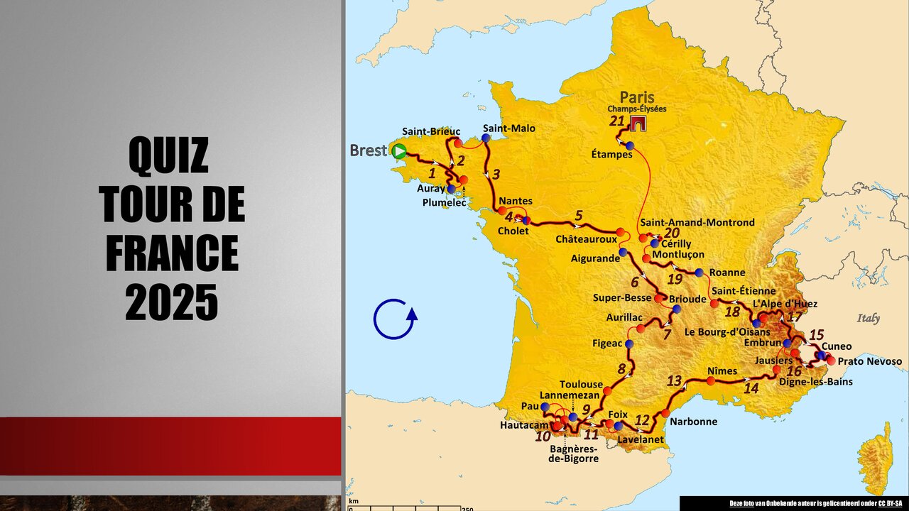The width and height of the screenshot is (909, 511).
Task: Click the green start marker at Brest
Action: (400, 150)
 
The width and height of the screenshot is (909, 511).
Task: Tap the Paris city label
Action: (637, 97)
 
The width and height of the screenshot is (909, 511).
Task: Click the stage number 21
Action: (616, 121)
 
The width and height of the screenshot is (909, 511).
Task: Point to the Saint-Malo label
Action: (508, 128)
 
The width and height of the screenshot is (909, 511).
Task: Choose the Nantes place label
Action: (516, 201)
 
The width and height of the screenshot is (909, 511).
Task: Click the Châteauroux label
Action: (586, 239)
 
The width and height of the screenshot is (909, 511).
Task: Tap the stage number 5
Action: (579, 215)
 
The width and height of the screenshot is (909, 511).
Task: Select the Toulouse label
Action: (581, 384)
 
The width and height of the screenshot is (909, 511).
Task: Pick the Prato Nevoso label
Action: (870, 361)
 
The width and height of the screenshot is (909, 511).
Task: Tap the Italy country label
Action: (868, 318)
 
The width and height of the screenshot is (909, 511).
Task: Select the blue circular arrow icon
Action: (395, 319)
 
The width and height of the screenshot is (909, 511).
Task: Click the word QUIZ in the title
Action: (169, 155)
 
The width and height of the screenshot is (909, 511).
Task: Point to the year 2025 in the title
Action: (172, 303)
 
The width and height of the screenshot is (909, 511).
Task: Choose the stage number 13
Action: (674, 380)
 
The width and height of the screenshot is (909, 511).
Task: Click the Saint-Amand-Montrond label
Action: (697, 222)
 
